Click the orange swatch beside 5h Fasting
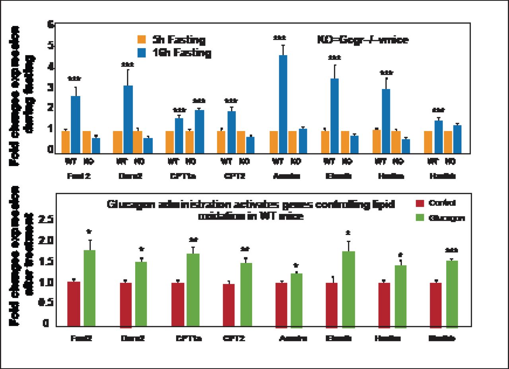[x=142, y=40]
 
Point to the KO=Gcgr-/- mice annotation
[x=363, y=40]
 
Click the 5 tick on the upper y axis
[x=50, y=45]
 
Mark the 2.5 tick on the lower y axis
[x=46, y=220]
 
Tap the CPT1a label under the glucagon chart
[x=189, y=339]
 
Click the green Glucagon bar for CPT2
[x=246, y=294]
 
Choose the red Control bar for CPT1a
[x=177, y=304]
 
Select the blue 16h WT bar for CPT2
[x=231, y=132]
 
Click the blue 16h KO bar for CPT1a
[x=199, y=131]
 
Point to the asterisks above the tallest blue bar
[x=280, y=38]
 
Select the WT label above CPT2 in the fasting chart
[x=226, y=162]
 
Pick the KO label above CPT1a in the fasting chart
[x=191, y=162]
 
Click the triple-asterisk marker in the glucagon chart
[x=451, y=250]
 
